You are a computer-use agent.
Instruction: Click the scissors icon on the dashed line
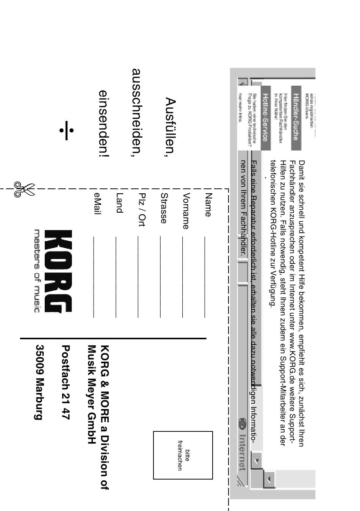pos(24,189)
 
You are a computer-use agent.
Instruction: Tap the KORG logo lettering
pos(58,271)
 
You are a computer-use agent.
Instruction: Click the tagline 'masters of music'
pos(37,271)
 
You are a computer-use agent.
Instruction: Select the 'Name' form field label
pos(208,205)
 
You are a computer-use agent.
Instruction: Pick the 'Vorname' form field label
pos(185,211)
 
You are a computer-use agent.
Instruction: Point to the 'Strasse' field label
pos(164,208)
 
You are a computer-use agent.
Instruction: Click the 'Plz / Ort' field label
pos(142,209)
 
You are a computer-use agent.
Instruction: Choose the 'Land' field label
pos(119,203)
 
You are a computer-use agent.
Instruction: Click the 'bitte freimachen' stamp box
pos(183,455)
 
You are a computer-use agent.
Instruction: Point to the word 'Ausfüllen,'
pos(171,125)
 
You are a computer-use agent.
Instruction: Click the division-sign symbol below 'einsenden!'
pos(66,130)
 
